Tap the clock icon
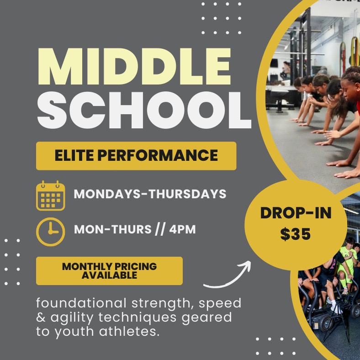click(50, 231)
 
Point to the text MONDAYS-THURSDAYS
click(150, 194)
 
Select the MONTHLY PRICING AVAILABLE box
click(109, 270)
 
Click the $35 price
click(295, 234)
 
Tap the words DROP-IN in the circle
click(295, 213)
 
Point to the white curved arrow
click(228, 276)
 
